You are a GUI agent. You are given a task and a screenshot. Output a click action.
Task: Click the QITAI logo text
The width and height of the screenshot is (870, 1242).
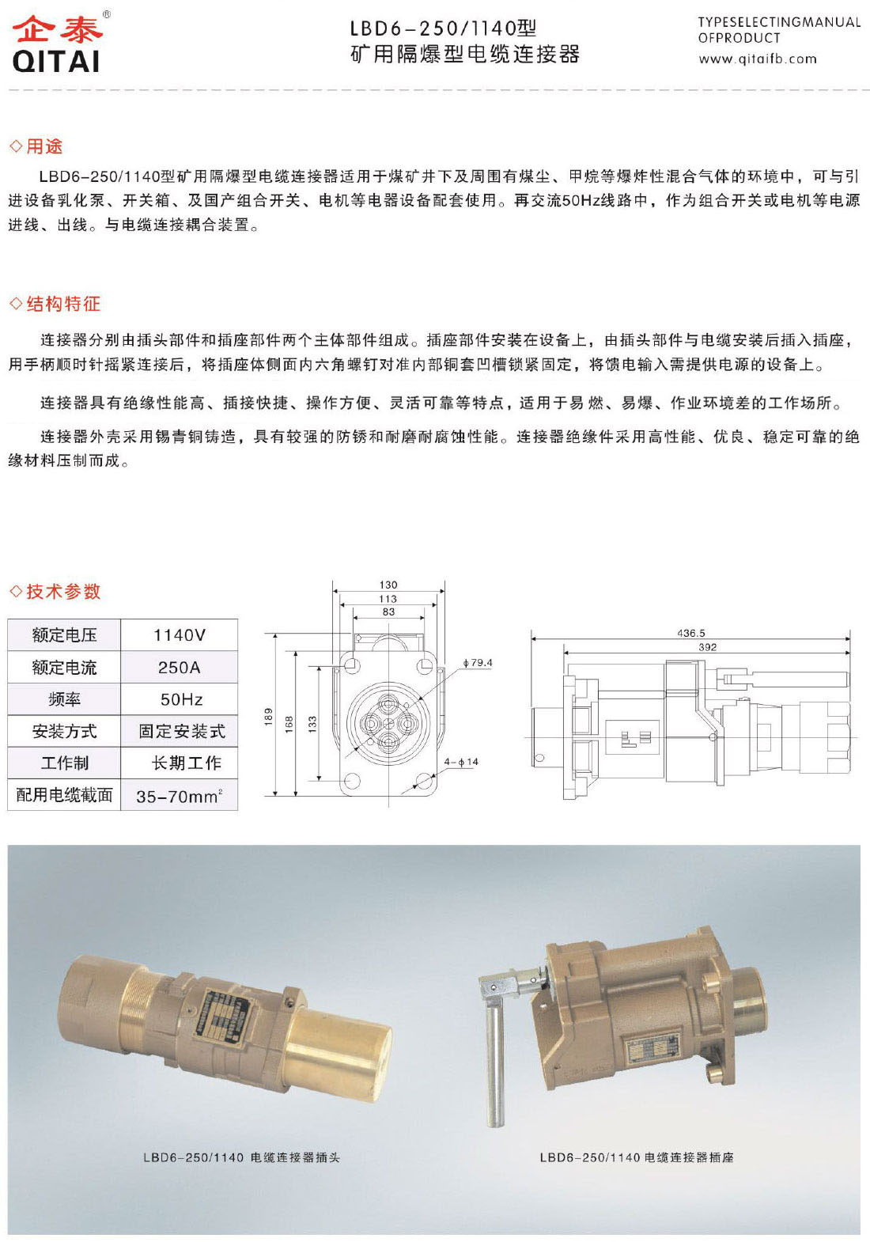click(x=56, y=61)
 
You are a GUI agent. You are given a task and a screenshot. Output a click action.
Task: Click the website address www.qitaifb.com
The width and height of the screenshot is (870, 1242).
click(x=757, y=59)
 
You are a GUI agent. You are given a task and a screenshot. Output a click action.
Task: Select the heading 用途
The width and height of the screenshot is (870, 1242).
click(x=43, y=146)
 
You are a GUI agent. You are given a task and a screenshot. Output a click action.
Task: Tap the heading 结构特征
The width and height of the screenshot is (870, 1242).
click(x=62, y=304)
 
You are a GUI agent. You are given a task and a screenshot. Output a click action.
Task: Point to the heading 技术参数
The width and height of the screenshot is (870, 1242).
click(x=62, y=591)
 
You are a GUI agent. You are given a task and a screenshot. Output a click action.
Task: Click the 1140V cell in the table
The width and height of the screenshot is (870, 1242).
click(x=180, y=635)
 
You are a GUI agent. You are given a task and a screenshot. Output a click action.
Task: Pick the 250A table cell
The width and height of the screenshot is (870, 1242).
click(x=180, y=668)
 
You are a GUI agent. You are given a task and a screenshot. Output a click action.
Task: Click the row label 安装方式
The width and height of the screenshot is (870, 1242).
click(x=64, y=732)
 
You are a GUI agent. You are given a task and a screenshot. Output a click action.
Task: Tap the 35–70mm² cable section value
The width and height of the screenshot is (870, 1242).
click(x=180, y=796)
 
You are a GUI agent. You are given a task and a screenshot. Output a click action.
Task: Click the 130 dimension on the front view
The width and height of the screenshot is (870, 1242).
click(x=388, y=585)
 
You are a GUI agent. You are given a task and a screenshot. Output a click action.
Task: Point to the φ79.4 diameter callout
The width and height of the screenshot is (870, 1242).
click(x=478, y=663)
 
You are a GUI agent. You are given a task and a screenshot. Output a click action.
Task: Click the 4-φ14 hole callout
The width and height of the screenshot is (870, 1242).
click(x=461, y=762)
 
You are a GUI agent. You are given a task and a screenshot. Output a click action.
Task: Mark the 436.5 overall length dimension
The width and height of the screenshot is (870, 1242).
click(x=691, y=633)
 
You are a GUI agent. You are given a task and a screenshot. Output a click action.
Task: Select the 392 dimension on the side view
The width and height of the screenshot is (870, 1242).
click(x=708, y=647)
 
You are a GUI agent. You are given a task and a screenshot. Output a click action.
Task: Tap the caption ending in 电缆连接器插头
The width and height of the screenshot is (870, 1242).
click(x=241, y=1157)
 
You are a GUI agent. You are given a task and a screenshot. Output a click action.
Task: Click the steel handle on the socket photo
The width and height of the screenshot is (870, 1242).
click(x=494, y=1060)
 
